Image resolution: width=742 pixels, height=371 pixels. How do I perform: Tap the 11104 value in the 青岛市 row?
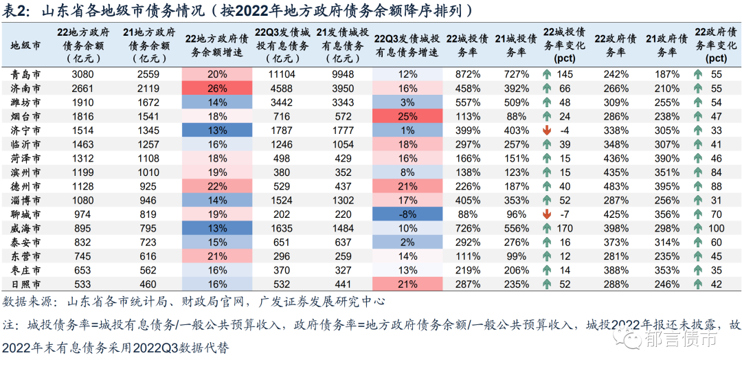282,74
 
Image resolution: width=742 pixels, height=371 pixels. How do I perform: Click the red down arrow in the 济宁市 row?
547,131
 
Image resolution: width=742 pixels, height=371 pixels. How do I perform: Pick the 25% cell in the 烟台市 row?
407,117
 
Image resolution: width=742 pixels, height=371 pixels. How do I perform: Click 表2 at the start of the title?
14,12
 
